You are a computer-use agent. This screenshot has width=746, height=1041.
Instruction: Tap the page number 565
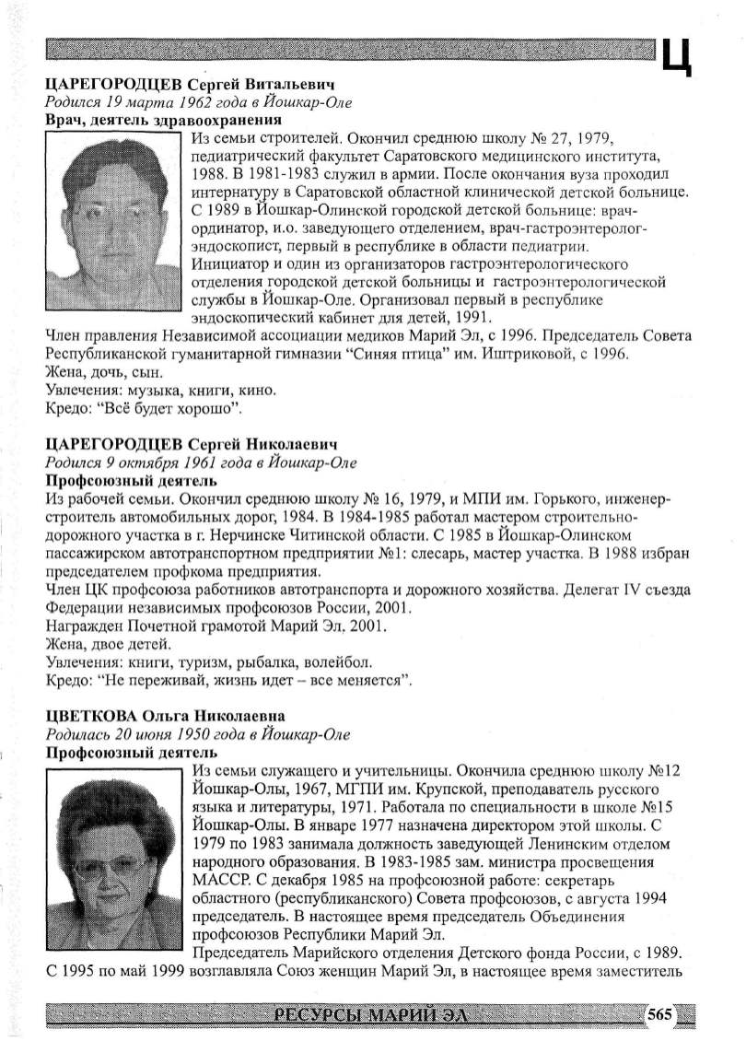coord(661,1014)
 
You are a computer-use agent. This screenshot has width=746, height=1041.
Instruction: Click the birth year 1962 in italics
coord(200,102)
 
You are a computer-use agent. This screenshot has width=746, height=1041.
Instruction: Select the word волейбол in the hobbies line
coord(344,662)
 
